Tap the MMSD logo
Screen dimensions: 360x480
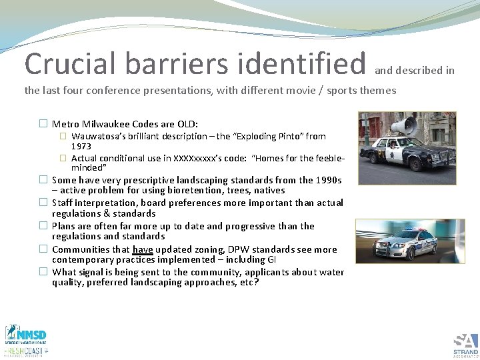point(26,334)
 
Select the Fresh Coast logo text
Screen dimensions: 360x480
point(26,351)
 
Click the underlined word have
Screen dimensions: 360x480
point(143,250)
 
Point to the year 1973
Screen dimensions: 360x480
point(81,146)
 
